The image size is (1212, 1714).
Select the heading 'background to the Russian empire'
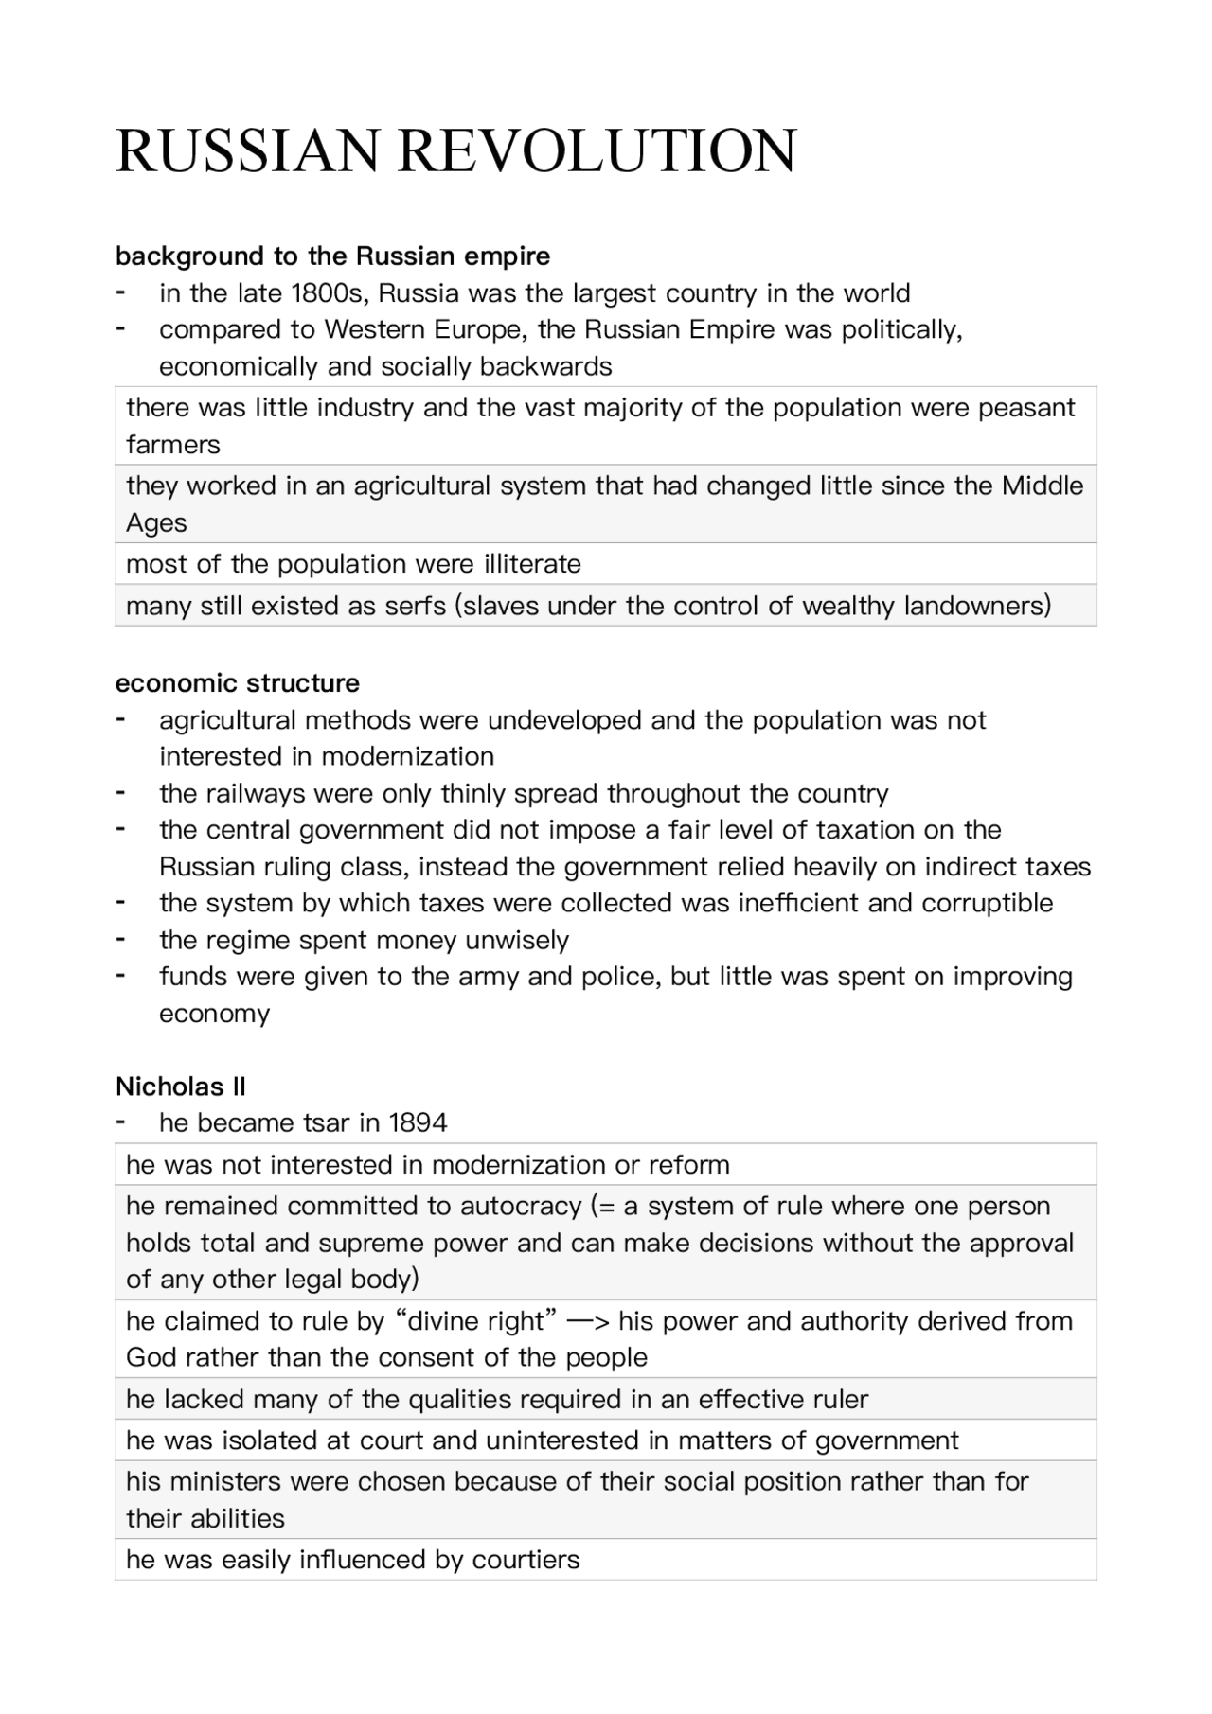pyautogui.click(x=332, y=256)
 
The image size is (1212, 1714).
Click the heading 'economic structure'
pyautogui.click(x=238, y=683)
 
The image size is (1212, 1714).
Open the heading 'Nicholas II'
pyautogui.click(x=181, y=1087)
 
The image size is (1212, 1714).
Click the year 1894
pyautogui.click(x=418, y=1123)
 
